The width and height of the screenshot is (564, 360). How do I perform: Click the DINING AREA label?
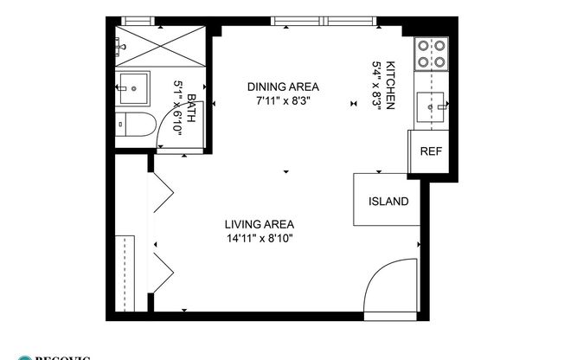tap(283, 87)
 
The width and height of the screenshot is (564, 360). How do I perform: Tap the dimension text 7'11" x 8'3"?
tap(283, 100)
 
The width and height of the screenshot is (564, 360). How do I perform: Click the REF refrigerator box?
tap(430, 151)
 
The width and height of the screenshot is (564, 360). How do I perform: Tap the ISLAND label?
tap(388, 202)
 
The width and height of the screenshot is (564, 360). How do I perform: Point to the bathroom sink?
tap(134, 86)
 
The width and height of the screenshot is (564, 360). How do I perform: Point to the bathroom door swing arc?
tap(170, 130)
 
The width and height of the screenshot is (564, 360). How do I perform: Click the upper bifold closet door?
tap(163, 192)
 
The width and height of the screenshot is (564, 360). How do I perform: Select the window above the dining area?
tap(324, 21)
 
